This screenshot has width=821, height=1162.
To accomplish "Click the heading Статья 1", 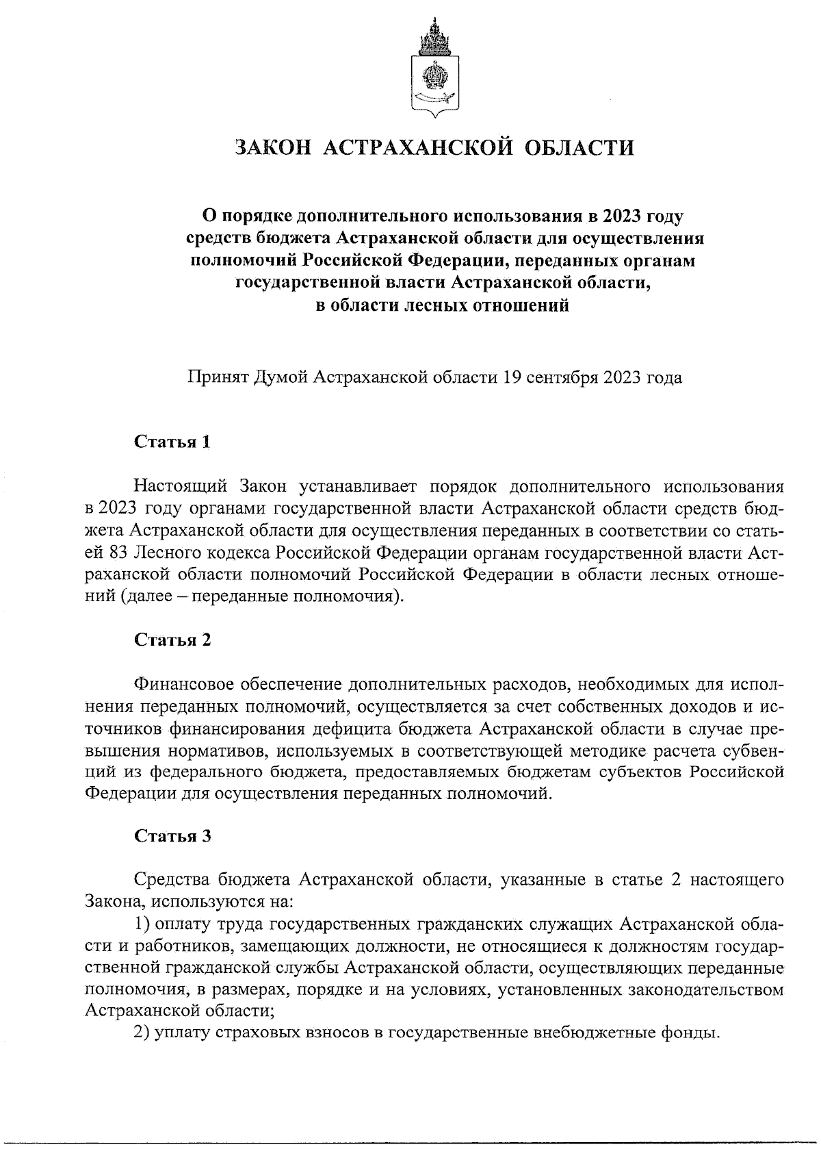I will (172, 442).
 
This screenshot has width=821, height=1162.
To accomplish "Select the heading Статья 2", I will (172, 640).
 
